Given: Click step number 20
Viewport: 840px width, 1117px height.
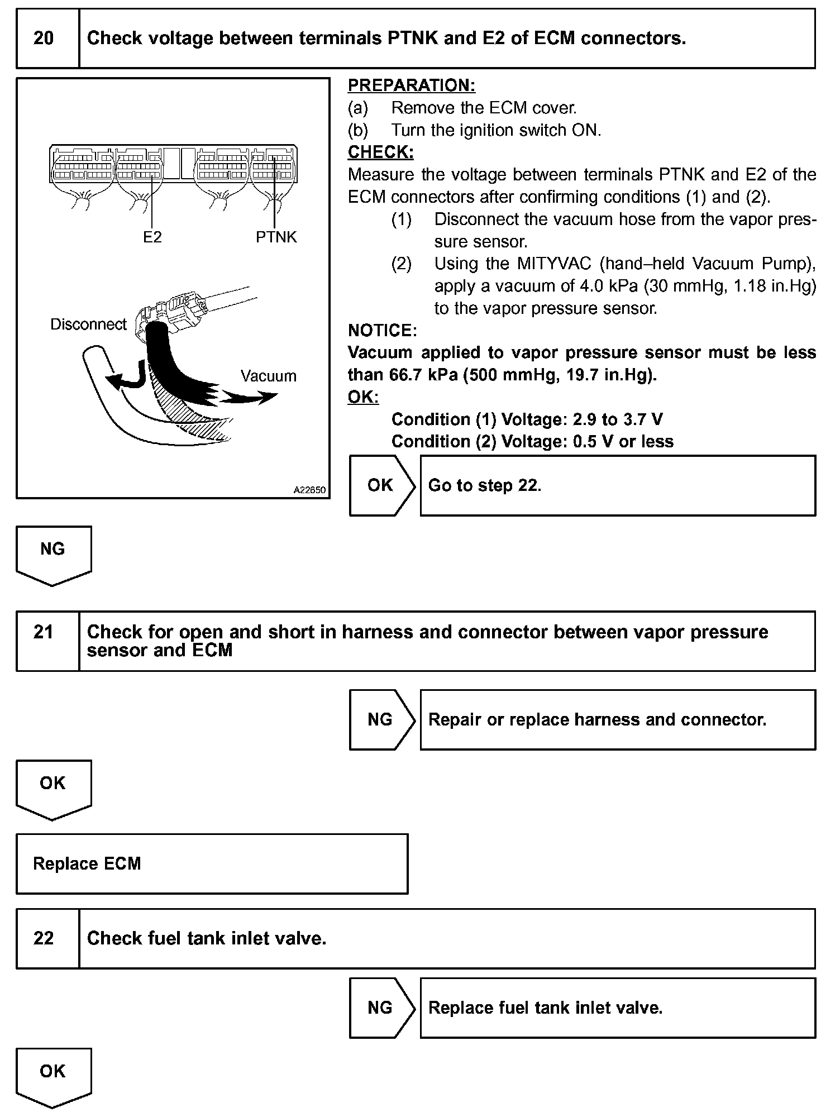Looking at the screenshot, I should coord(44,39).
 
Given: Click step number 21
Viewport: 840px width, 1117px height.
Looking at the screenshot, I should coord(44,632).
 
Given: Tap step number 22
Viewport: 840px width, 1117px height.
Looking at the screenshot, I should coord(44,938).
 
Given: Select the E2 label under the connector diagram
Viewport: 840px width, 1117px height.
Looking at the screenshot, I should coord(152,237).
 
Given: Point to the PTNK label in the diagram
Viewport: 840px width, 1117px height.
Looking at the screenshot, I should coord(276,237).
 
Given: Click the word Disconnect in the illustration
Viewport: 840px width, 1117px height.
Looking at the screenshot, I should coord(88,324).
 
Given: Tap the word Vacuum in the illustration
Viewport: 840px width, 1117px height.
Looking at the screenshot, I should coord(268,376).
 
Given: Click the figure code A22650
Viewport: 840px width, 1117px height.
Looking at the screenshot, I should coord(309,490).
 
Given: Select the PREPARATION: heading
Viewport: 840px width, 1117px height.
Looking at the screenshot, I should coord(411,85).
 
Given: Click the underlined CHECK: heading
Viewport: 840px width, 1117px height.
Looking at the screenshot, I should coord(380,152).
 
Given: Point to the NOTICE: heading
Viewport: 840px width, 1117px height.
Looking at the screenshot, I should coord(382,331).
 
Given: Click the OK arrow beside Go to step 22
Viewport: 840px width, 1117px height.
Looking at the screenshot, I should coord(381,485).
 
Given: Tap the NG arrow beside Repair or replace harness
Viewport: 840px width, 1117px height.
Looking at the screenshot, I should coord(381,720).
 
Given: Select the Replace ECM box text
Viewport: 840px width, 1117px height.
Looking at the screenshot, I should coord(87,864).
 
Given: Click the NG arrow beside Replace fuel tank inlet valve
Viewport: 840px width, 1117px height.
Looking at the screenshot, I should coord(381,1008).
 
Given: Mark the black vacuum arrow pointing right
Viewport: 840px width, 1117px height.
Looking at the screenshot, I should coord(250,397).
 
